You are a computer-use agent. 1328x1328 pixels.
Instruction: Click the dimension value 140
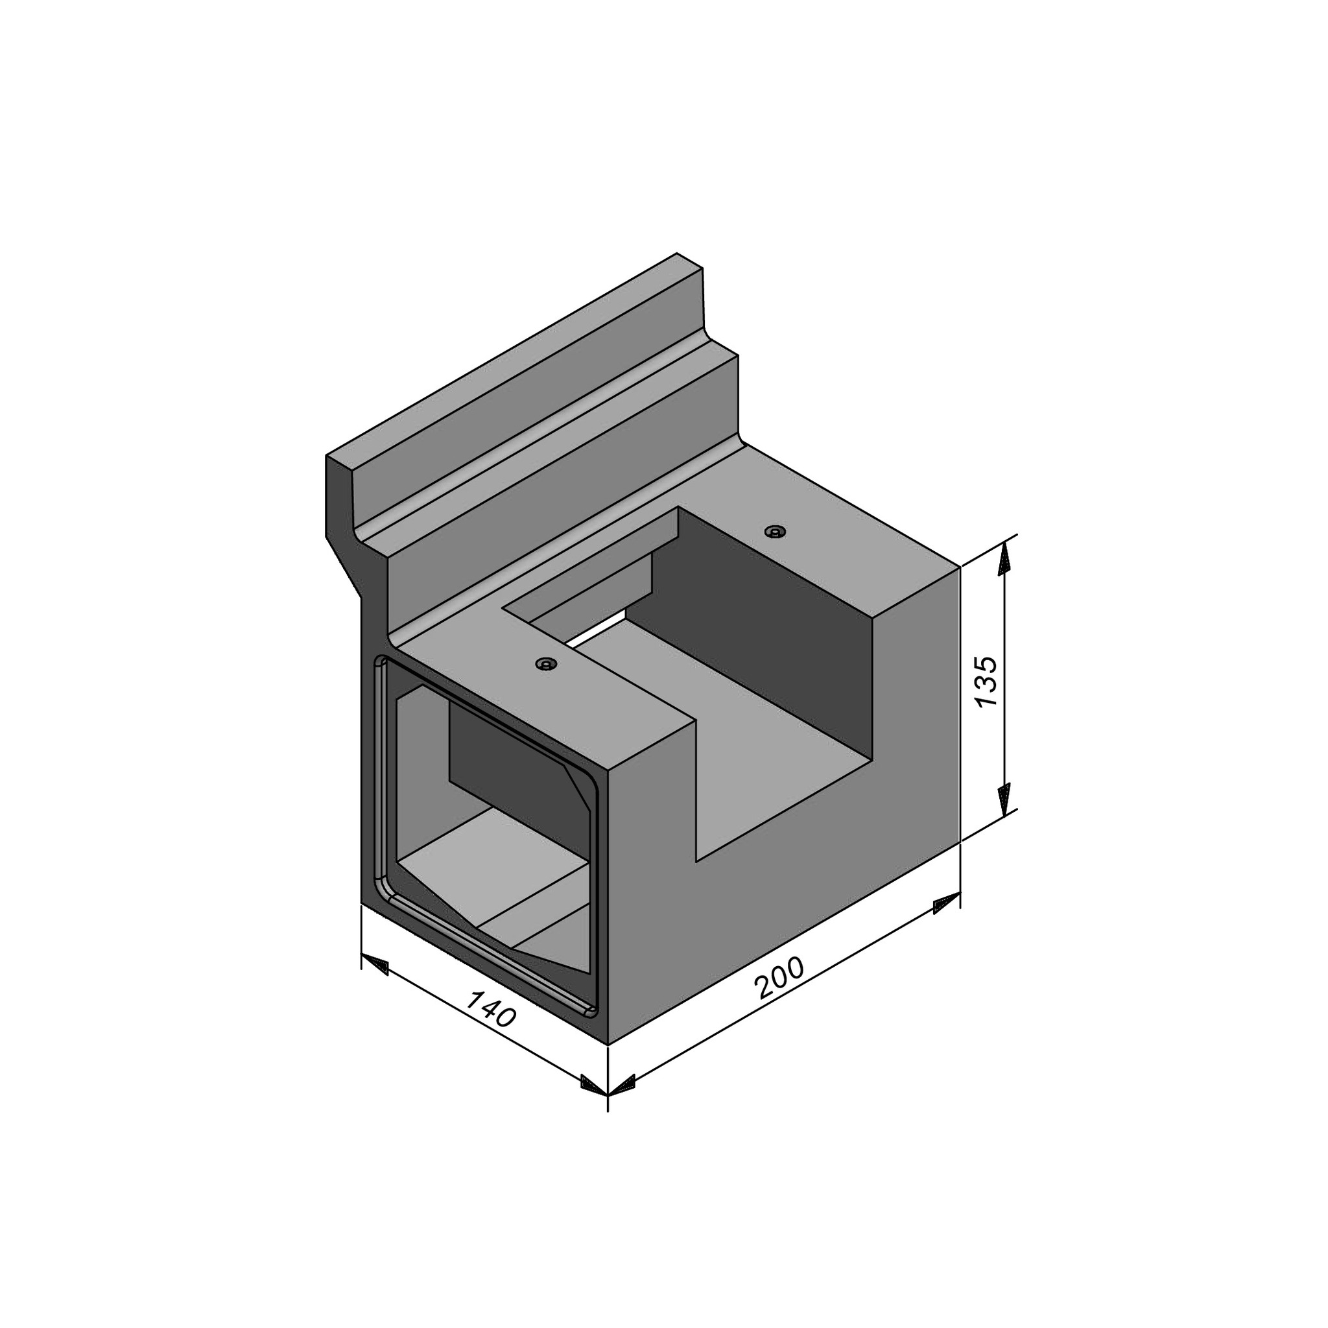pos(490,1010)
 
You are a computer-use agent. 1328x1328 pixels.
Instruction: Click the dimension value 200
pos(779,977)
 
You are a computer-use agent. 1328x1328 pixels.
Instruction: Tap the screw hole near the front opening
pos(547,664)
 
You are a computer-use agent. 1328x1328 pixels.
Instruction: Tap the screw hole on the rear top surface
pos(776,531)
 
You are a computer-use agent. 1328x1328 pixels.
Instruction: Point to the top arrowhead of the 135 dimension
pos(1005,556)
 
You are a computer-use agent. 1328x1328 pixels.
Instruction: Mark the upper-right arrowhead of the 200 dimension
pos(946,903)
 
